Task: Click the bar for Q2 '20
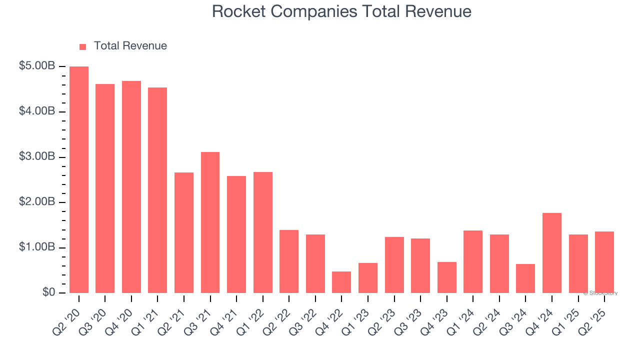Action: [x=79, y=180]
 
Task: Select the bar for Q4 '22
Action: [x=341, y=282]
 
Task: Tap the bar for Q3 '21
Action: [x=210, y=222]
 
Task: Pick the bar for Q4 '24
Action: [x=552, y=253]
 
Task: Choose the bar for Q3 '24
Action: [x=525, y=278]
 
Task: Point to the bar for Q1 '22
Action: [x=263, y=232]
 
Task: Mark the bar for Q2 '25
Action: [x=604, y=262]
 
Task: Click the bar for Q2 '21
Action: [x=184, y=232]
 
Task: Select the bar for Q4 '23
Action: [x=446, y=277]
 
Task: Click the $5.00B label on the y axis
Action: [x=37, y=66]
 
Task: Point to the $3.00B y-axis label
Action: [x=37, y=157]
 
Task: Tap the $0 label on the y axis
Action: [x=48, y=292]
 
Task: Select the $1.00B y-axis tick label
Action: [x=37, y=247]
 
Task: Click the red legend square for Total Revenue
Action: [x=83, y=47]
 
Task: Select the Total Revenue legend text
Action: [x=130, y=46]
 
